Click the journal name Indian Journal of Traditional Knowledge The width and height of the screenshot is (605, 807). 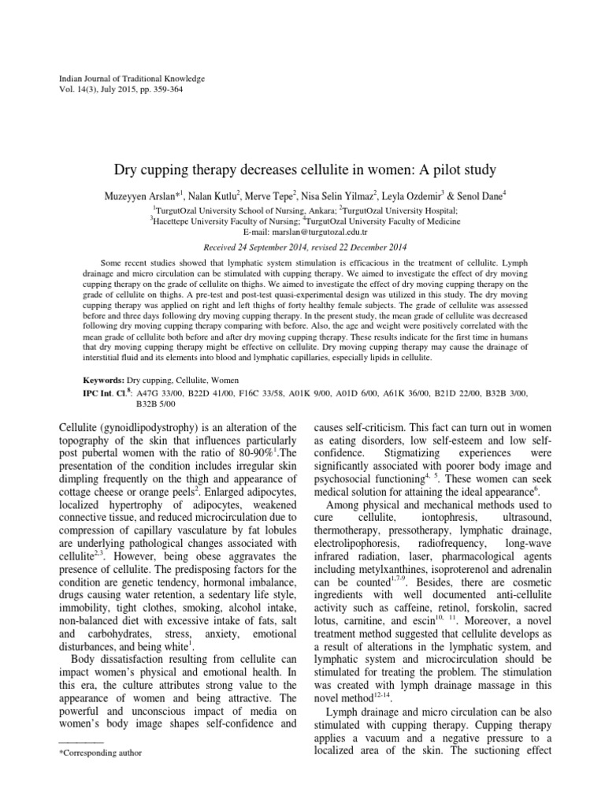coord(132,79)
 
